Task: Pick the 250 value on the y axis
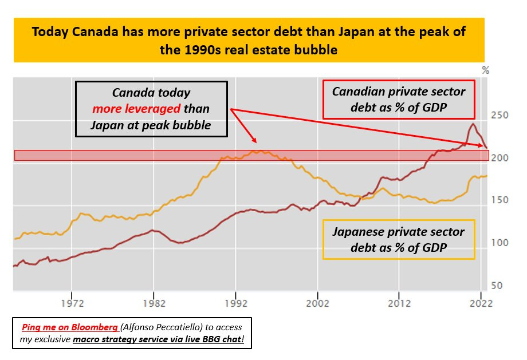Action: pyautogui.click(x=500, y=116)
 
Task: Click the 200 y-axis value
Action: pyautogui.click(x=500, y=158)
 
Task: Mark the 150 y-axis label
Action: pyautogui.click(x=500, y=200)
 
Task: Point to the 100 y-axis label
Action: pyautogui.click(x=500, y=243)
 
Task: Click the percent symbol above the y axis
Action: pyautogui.click(x=486, y=71)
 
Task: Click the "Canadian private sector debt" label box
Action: pyautogui.click(x=399, y=100)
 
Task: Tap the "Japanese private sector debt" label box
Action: pyautogui.click(x=399, y=240)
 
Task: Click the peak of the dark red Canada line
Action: pyautogui.click(x=473, y=124)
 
